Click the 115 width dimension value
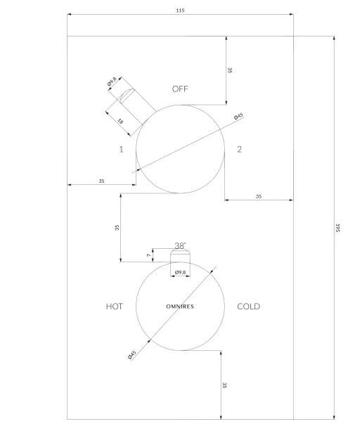tap(180, 11)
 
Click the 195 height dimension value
tap(337, 228)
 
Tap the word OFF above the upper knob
tap(180, 89)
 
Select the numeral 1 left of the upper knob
tap(121, 149)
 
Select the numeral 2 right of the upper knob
tap(239, 149)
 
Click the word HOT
tap(115, 307)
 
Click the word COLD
tap(248, 307)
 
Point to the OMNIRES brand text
tap(180, 307)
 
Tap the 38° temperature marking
tap(180, 245)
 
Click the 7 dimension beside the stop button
tap(148, 255)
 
